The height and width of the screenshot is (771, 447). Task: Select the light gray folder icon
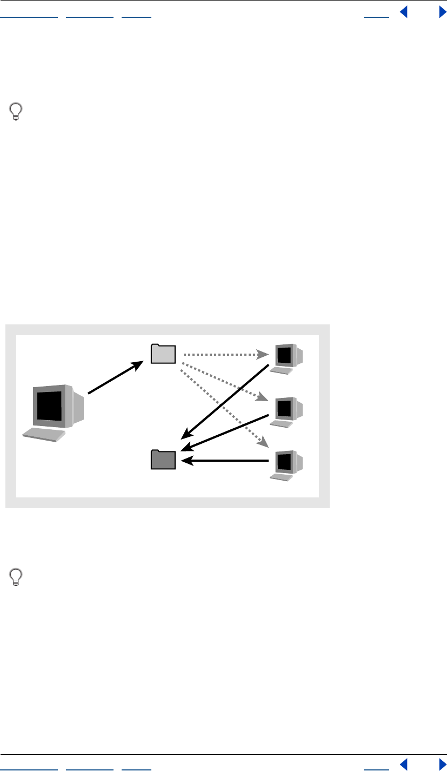pyautogui.click(x=163, y=354)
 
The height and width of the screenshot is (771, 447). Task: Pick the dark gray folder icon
pyautogui.click(x=163, y=460)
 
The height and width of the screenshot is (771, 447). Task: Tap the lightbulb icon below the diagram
pyautogui.click(x=17, y=577)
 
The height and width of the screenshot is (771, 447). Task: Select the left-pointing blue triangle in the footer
pyautogui.click(x=403, y=763)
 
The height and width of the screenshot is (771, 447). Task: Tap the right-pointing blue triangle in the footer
pyautogui.click(x=443, y=763)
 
